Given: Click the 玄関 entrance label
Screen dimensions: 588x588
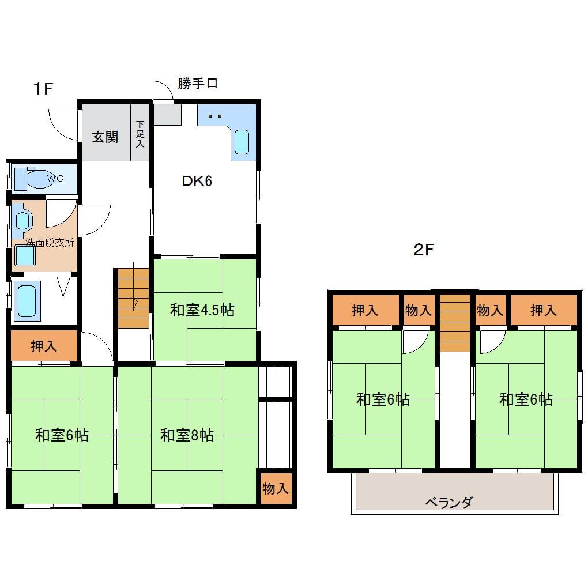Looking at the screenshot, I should coord(105,137).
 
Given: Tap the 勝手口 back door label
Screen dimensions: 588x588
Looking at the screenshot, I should coord(197,84).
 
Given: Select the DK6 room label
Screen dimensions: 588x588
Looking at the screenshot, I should coord(197,181).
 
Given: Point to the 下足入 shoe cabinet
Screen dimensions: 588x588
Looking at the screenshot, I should coord(140,133).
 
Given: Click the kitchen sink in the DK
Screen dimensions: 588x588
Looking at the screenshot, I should coord(241,142).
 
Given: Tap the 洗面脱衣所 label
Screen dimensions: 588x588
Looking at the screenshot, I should coord(50,243).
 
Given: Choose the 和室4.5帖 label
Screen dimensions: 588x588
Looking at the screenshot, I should coord(202,310).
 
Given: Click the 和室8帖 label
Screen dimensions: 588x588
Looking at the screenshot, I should coord(187,435).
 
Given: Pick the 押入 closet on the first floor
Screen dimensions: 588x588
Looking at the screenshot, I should coord(44,346).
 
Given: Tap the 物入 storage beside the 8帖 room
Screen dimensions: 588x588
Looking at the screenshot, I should coord(276,489).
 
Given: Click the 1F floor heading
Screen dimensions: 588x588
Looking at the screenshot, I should coord(43,89).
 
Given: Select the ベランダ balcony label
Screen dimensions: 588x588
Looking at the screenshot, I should coord(449,503).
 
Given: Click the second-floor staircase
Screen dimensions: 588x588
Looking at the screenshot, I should coord(455,323).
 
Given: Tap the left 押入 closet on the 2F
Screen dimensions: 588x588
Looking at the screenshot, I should coord(365,310).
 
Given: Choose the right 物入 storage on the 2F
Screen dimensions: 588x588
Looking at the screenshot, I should coord(490,310).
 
